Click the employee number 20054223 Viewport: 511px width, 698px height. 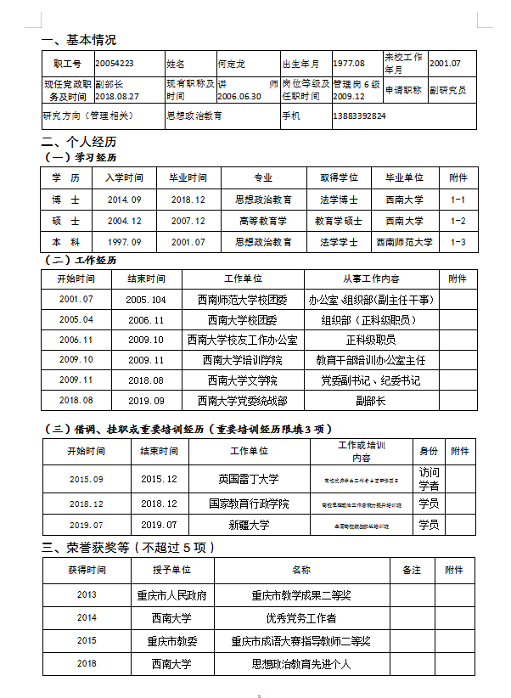pyautogui.click(x=114, y=63)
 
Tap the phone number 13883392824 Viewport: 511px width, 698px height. pyautogui.click(x=360, y=115)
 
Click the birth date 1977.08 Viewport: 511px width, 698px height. pyautogui.click(x=348, y=63)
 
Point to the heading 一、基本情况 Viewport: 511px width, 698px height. pyautogui.click(x=79, y=40)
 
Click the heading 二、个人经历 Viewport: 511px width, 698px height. pyautogui.click(x=79, y=142)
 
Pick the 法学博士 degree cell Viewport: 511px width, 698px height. pyautogui.click(x=339, y=200)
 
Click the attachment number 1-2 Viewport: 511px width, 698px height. pyautogui.click(x=458, y=221)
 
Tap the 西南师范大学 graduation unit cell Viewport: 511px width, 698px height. pyautogui.click(x=404, y=242)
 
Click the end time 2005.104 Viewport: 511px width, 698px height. pyautogui.click(x=146, y=300)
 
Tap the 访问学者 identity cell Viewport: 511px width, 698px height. pyautogui.click(x=430, y=479)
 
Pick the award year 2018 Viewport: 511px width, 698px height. pyautogui.click(x=87, y=664)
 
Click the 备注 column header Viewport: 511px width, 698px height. pyautogui.click(x=412, y=571)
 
